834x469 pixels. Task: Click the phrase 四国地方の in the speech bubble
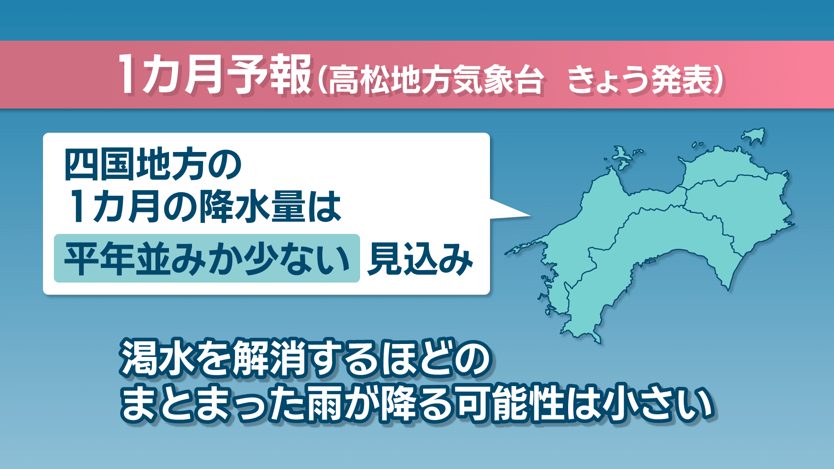[x=153, y=165]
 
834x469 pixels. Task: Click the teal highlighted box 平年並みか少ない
[x=207, y=258]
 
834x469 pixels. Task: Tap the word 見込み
[x=420, y=259]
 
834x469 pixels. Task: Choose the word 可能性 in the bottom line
[x=504, y=404]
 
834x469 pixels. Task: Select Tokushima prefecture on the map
[x=747, y=213]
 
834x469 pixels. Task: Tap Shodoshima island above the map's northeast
[x=753, y=136]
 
